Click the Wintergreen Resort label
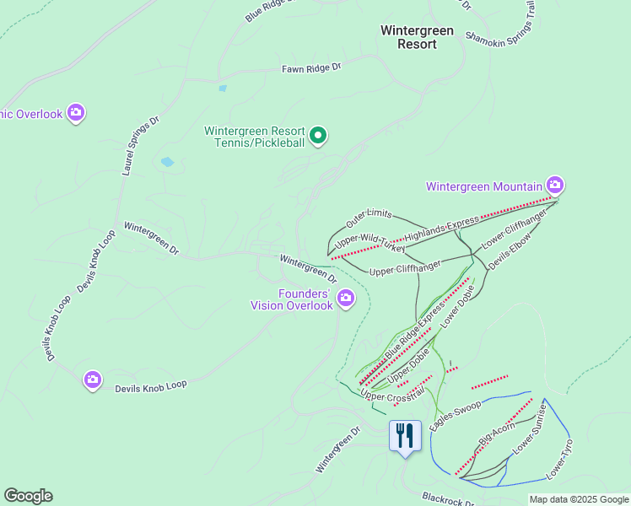(x=417, y=37)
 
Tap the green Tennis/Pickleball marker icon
(x=318, y=135)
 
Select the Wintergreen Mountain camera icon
(x=554, y=184)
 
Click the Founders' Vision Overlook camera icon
(x=346, y=297)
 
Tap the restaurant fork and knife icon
(x=405, y=435)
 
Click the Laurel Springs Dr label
(x=139, y=146)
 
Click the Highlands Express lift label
(x=441, y=229)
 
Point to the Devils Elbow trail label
(x=508, y=251)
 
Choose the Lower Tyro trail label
(x=559, y=460)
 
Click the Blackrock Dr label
(x=448, y=500)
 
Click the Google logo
(x=28, y=496)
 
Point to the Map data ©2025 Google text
(x=578, y=500)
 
